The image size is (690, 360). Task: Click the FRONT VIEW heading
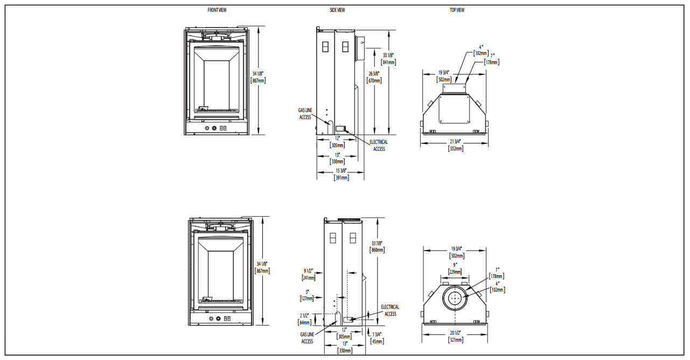pyautogui.click(x=217, y=10)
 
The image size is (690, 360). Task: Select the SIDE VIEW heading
pyautogui.click(x=337, y=10)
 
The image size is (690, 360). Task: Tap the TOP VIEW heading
pyautogui.click(x=457, y=10)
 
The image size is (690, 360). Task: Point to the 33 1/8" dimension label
pyautogui.click(x=388, y=56)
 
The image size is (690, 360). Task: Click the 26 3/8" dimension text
pyautogui.click(x=374, y=73)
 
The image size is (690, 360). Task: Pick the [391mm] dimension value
pyautogui.click(x=341, y=178)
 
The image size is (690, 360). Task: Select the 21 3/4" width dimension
pyautogui.click(x=455, y=142)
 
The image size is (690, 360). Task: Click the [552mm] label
pyautogui.click(x=455, y=149)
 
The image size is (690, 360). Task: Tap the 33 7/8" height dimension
pyautogui.click(x=377, y=243)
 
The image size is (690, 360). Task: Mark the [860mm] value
pyautogui.click(x=377, y=250)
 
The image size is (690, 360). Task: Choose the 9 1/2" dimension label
pyautogui.click(x=308, y=271)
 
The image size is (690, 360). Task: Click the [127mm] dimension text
pyautogui.click(x=308, y=299)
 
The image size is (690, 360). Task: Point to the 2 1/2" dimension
pyautogui.click(x=304, y=315)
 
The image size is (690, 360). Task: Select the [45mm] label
pyautogui.click(x=377, y=341)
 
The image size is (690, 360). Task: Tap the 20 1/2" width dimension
pyautogui.click(x=455, y=333)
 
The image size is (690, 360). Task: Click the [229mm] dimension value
pyautogui.click(x=455, y=272)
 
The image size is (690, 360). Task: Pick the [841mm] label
pyautogui.click(x=388, y=63)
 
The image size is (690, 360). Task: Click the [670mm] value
pyautogui.click(x=374, y=80)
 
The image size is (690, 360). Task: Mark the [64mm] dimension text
pyautogui.click(x=304, y=323)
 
